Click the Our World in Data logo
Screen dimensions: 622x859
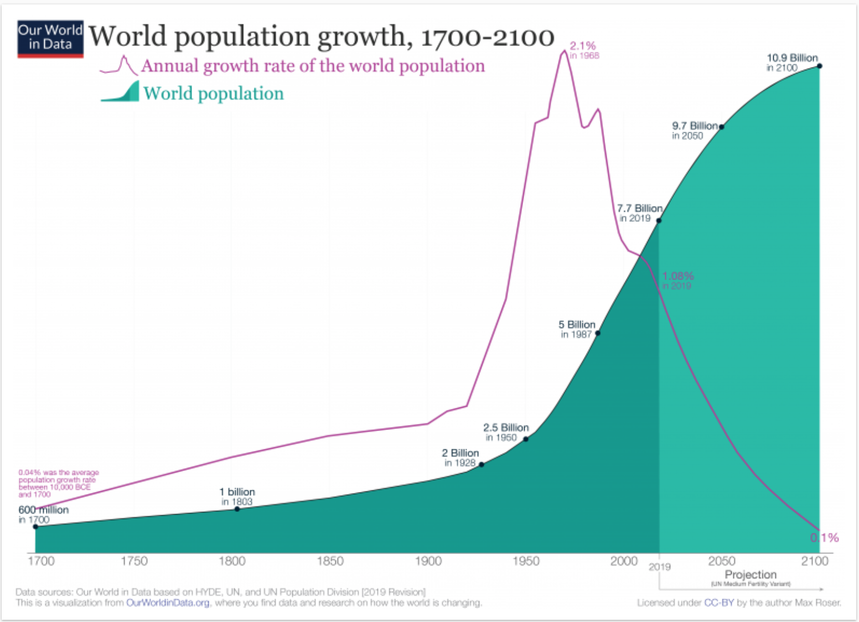(50, 39)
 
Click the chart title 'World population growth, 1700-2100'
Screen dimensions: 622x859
(321, 37)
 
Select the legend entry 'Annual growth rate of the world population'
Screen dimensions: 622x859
(313, 66)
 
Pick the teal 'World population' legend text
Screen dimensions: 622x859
(213, 93)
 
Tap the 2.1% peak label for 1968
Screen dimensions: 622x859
(583, 46)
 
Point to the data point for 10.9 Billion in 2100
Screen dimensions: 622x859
(819, 66)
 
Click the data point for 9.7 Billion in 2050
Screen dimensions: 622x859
(721, 127)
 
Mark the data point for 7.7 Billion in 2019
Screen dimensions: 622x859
(659, 221)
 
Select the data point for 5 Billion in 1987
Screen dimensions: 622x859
(597, 333)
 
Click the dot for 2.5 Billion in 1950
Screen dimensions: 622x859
(526, 439)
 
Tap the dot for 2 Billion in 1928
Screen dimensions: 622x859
(482, 464)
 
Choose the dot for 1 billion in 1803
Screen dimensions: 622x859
(237, 509)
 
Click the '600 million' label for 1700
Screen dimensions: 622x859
(44, 510)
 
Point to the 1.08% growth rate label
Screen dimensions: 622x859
(678, 276)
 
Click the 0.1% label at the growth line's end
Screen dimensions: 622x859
(825, 537)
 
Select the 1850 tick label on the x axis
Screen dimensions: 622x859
(330, 561)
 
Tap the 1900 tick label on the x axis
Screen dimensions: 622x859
(428, 561)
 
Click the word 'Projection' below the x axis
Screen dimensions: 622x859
(751, 574)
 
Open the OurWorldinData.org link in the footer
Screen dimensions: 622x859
(168, 603)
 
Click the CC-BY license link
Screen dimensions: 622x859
(718, 603)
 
